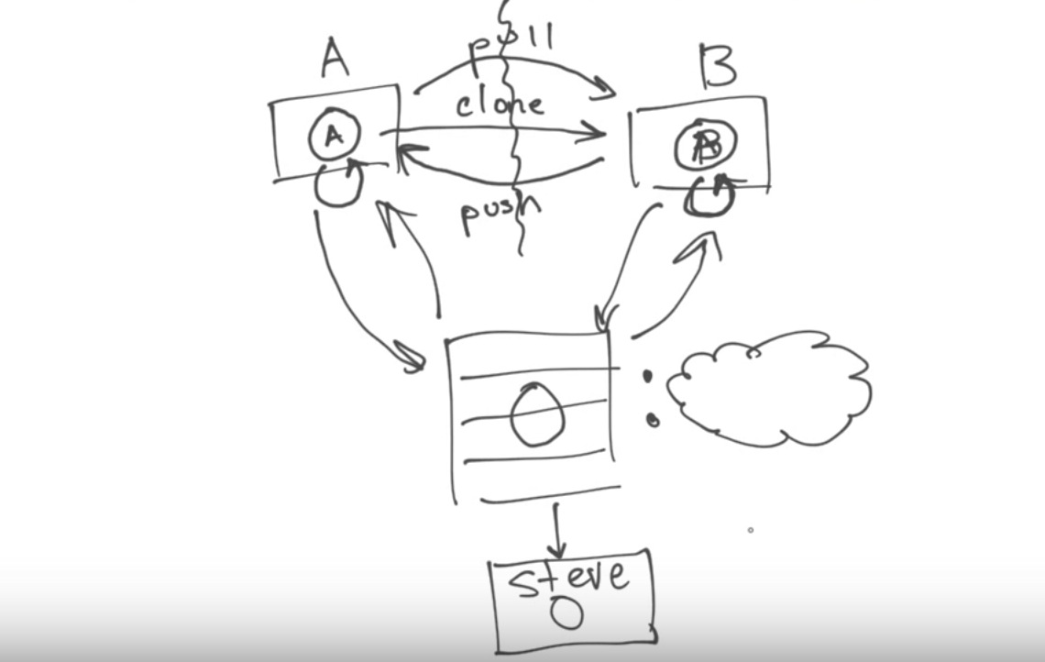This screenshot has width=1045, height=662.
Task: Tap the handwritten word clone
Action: pos(500,104)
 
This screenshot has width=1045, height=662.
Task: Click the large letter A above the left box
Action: pos(335,60)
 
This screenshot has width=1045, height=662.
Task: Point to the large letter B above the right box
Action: pos(717,66)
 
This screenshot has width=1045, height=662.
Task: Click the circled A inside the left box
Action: pos(334,137)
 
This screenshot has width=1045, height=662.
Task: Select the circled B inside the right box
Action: pos(707,145)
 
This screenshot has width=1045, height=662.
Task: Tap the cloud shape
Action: pos(768,390)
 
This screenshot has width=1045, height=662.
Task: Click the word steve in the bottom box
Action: pos(570,578)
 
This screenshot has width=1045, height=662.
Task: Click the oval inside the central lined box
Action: pos(537,415)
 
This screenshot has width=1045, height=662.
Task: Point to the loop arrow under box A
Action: pos(338,183)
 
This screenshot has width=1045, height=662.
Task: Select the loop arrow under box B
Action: pos(709,196)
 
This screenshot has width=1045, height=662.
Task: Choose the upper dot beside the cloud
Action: pos(646,375)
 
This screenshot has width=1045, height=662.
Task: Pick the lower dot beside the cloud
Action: pos(652,420)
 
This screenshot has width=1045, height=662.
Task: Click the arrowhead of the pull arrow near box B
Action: pos(606,89)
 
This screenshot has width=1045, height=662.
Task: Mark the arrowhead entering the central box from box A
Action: pos(412,359)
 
